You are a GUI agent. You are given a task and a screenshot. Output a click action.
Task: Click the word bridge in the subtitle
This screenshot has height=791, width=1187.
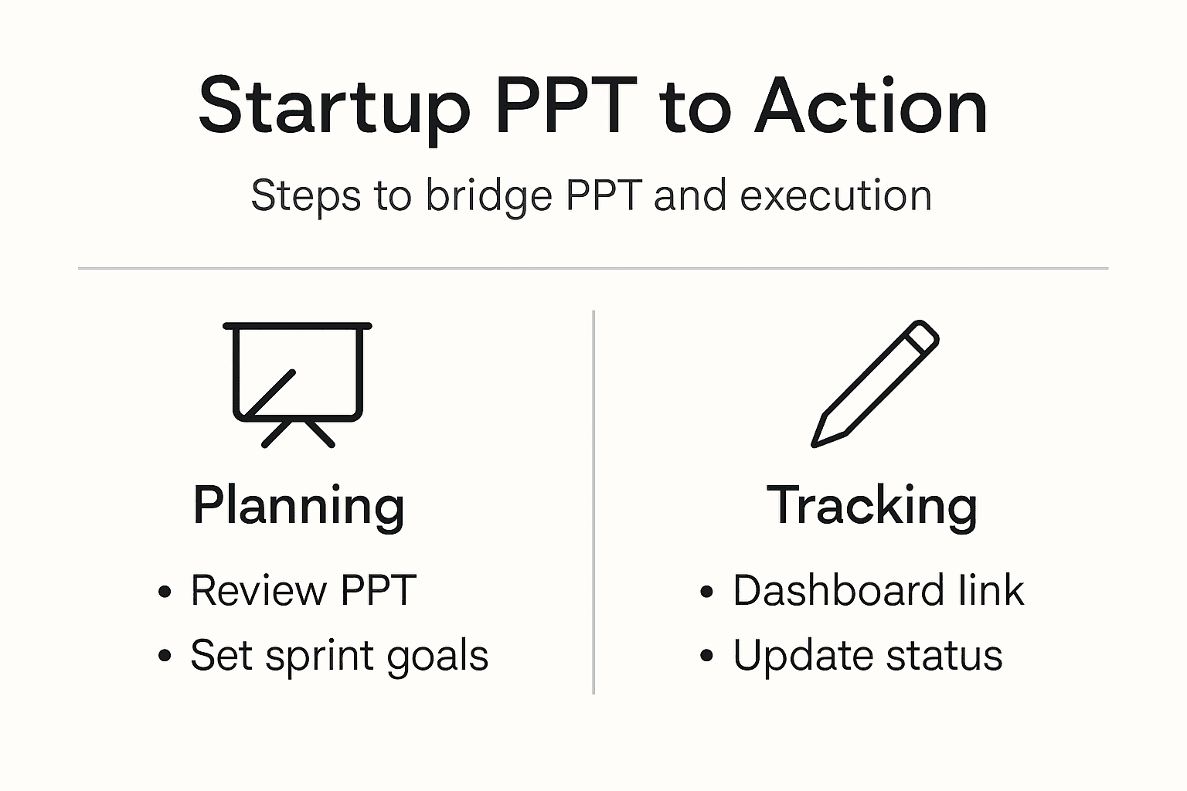coord(488,195)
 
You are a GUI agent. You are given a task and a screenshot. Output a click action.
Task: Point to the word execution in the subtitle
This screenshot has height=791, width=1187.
coord(835,195)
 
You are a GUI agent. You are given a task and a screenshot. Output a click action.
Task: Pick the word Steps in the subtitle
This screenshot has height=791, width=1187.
coord(305,195)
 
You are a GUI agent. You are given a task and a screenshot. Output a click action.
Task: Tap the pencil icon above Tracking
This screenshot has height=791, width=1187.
coord(875,384)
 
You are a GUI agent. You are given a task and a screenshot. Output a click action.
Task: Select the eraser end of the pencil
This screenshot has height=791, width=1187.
coord(921,337)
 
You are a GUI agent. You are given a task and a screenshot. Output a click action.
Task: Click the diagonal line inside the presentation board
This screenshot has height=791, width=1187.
coord(270,394)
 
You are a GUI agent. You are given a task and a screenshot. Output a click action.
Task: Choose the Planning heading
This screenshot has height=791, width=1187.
coord(298,506)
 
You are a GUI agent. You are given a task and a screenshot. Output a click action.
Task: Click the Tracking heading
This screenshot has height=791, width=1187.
coord(872,506)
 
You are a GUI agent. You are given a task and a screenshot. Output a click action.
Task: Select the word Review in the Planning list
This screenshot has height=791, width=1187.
coord(258,591)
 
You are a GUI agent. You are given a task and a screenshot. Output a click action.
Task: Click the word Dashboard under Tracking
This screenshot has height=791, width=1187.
coord(838,591)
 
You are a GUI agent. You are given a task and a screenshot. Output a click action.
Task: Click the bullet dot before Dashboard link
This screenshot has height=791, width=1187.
coord(706,592)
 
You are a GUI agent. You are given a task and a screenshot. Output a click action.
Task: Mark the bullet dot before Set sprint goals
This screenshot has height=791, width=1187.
coord(164,657)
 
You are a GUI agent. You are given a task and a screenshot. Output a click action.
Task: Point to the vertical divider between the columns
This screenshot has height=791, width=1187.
coord(593,502)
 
